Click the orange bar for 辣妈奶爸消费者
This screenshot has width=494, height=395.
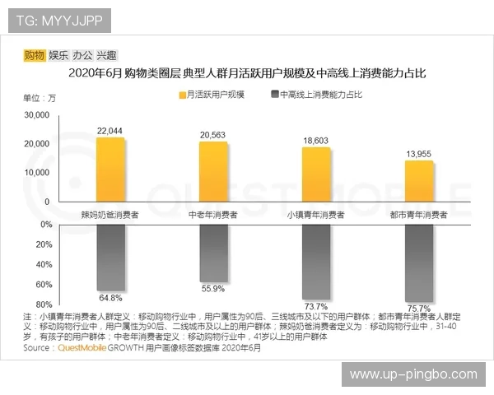pos(110,170)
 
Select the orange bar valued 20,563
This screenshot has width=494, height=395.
pos(213,172)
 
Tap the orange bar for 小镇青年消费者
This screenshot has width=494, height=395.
pos(315,174)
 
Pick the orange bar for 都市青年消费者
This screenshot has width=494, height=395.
pos(418,181)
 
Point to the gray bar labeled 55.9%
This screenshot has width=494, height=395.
pos(213,249)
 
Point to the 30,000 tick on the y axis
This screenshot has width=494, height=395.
pos(36,116)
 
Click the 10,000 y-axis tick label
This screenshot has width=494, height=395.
pos(36,173)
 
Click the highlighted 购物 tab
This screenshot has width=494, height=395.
pos(35,56)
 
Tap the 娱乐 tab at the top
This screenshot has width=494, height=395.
pos(58,56)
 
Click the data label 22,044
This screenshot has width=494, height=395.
pos(110,131)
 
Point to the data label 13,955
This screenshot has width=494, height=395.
pos(418,154)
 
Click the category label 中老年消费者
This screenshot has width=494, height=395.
pos(213,215)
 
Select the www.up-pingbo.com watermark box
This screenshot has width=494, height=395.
pos(413,374)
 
